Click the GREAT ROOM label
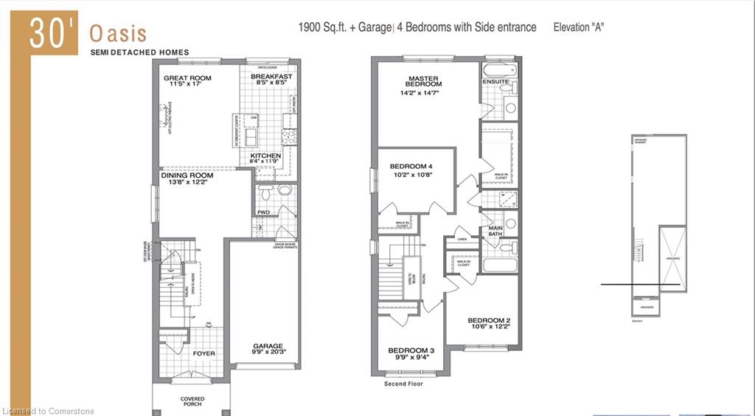187,78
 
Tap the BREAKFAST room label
271,76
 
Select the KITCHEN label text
265,156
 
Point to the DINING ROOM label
187,176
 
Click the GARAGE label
268,345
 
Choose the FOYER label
204,353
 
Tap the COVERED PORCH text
192,403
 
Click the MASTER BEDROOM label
423,81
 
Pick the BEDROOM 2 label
490,320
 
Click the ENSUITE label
496,81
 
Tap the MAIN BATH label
495,232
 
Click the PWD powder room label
263,212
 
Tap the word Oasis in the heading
118,34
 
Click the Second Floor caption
403,384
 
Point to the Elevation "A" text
580,27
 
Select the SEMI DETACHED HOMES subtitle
139,52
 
